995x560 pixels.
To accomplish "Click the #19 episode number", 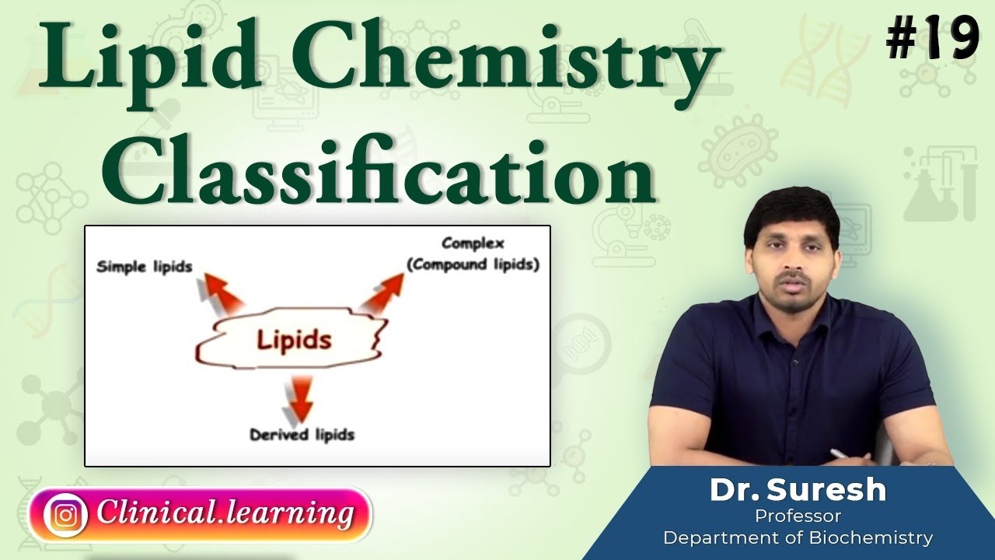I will tap(932, 40).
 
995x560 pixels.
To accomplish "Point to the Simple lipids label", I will tap(144, 268).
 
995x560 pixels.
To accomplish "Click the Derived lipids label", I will tap(302, 434).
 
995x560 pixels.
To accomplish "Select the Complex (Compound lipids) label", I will tap(473, 254).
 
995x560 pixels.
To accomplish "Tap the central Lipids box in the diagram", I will tap(294, 340).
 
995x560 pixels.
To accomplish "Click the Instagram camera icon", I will tap(65, 514).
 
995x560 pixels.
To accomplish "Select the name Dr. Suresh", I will tap(798, 490).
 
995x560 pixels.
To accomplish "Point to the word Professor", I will tap(798, 515).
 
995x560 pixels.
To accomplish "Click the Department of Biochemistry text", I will tap(798, 537).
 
